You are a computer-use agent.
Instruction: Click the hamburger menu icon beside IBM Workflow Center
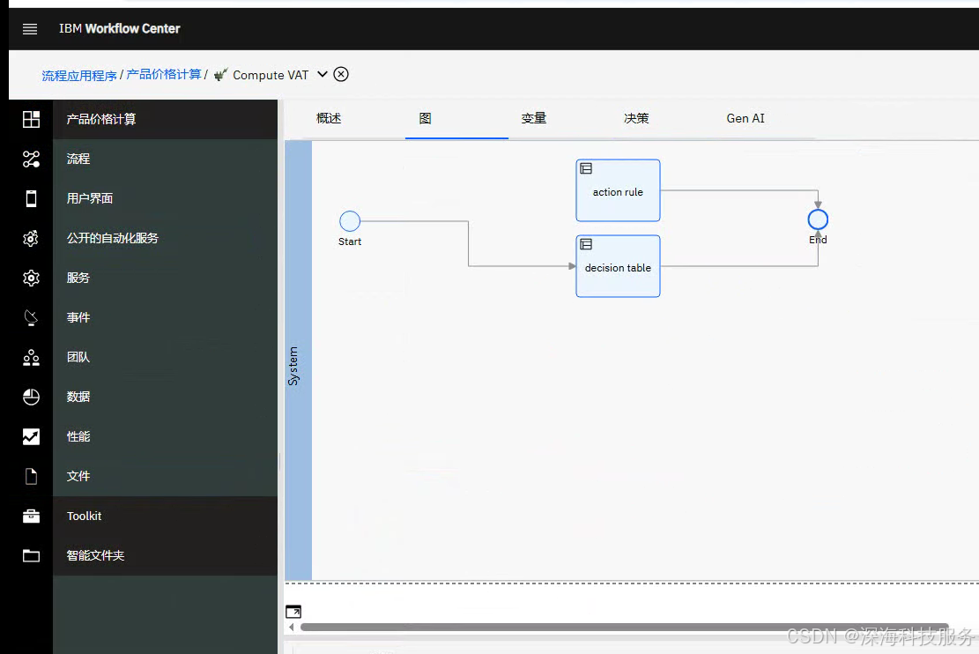coord(30,29)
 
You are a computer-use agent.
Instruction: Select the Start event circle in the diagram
coord(350,221)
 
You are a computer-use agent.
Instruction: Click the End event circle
coord(818,219)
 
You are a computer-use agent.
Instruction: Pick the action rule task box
coord(618,190)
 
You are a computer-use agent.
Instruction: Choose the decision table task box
coord(618,266)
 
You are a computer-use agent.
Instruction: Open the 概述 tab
coord(329,118)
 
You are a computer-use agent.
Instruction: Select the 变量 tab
coord(534,118)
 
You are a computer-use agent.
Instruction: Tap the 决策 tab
coord(636,118)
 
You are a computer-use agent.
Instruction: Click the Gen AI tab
coord(745,118)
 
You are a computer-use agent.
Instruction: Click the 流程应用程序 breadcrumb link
coord(79,76)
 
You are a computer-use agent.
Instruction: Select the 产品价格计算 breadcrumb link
coord(164,75)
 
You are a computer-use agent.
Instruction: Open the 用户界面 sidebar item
coord(90,198)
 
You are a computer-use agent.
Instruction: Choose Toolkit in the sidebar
coord(85,516)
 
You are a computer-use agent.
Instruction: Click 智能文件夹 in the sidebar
coord(95,555)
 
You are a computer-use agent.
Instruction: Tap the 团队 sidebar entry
coord(78,357)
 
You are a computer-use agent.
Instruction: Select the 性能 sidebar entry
coord(78,436)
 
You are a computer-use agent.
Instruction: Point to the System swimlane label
coord(293,366)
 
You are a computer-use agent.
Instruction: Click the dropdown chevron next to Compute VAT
coord(323,74)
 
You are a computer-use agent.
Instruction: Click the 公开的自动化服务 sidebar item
coord(113,238)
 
